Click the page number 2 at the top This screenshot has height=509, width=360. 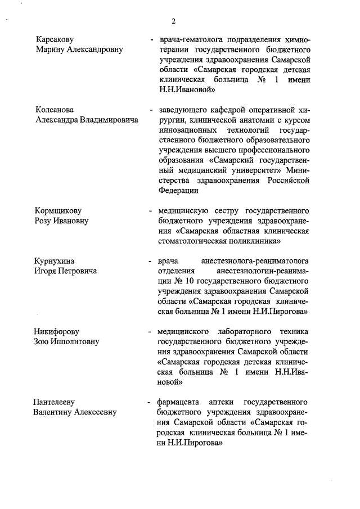[x=174, y=21]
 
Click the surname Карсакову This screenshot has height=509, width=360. [x=55, y=40]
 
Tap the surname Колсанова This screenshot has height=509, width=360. [x=55, y=109]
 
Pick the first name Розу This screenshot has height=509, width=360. [x=44, y=221]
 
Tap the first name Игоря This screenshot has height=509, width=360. [x=47, y=271]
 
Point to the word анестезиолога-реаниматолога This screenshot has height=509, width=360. [x=256, y=261]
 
